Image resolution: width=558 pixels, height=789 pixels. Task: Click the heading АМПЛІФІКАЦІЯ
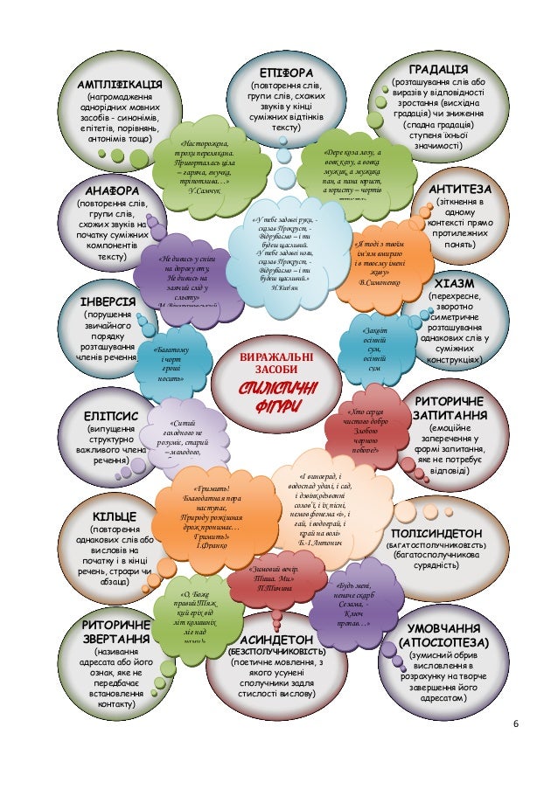(x=119, y=84)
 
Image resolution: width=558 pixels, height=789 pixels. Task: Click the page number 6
(x=515, y=723)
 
